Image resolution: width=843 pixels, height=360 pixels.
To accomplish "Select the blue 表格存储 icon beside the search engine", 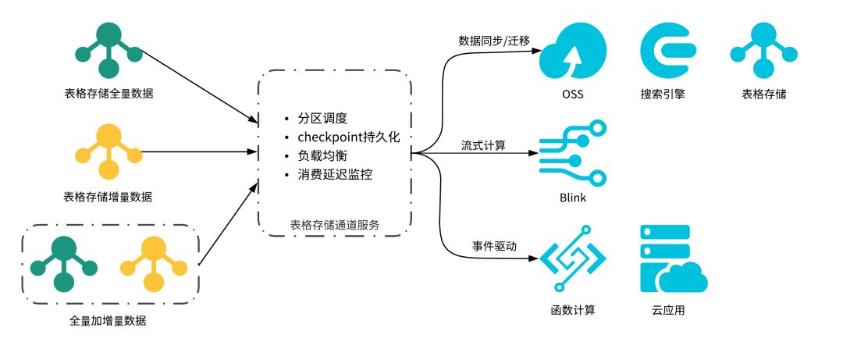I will [x=763, y=50].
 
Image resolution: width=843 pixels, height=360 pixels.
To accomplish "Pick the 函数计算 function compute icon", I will [x=572, y=258].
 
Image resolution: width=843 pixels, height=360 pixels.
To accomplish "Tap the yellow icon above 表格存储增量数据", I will [x=108, y=151].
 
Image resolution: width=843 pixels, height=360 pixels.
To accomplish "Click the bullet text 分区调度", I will [x=322, y=119].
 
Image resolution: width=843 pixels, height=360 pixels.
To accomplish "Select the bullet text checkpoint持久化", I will [x=348, y=137].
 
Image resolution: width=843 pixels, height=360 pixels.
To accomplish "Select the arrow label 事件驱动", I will [x=493, y=245].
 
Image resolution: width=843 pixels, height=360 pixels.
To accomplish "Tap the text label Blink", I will [x=572, y=198].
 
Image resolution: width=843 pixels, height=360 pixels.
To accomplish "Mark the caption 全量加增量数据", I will [x=108, y=321].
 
